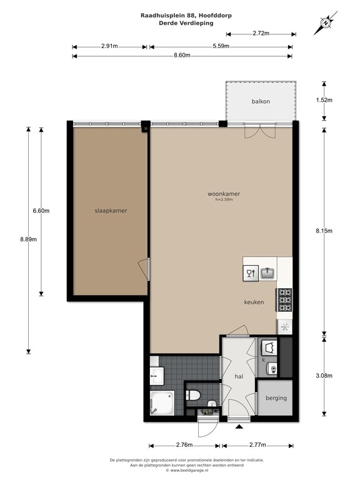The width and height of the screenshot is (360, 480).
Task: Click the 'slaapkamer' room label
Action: coord(111,211)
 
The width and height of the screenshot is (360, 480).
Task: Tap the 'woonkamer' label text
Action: coord(224,194)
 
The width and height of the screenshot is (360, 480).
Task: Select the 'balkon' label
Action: coord(261,101)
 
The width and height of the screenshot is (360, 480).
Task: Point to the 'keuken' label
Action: coord(254,302)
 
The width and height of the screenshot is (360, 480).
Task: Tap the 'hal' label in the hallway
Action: coord(238,377)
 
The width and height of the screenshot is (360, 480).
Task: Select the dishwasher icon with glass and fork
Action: coord(250,272)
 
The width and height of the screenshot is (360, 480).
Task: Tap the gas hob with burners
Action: coord(284,300)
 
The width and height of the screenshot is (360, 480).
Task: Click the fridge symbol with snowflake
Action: coord(284,326)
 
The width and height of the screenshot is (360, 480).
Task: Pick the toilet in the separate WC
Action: coord(194,395)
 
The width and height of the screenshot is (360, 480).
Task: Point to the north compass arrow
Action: coord(326,23)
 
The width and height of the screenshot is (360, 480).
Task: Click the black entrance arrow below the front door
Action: coord(239,427)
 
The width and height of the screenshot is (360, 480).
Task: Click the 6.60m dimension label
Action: coord(41,211)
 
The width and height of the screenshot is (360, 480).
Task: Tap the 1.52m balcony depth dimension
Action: coord(324,100)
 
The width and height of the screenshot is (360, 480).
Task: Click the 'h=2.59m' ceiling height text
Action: coord(224,200)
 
